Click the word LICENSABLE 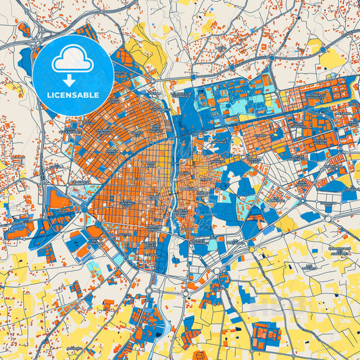pyautogui.click(x=72, y=95)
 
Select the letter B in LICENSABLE pyautogui.click(x=90, y=95)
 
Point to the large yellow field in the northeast pyautogui.click(x=331, y=59)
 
